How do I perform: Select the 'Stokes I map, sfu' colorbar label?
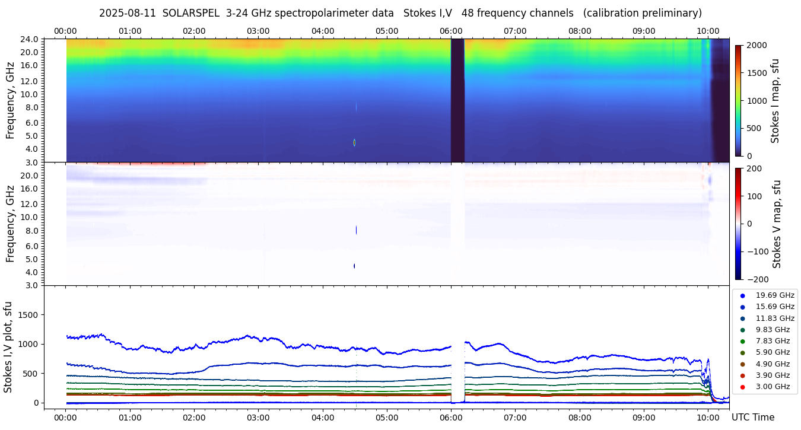click(x=775, y=100)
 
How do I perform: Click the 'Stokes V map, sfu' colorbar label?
click(x=777, y=224)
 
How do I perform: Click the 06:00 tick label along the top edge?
click(x=451, y=31)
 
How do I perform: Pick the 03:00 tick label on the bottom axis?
click(x=258, y=417)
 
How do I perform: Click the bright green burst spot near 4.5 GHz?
click(x=354, y=142)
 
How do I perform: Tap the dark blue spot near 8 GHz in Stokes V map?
click(x=356, y=230)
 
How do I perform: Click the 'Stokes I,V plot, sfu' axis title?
click(x=8, y=346)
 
